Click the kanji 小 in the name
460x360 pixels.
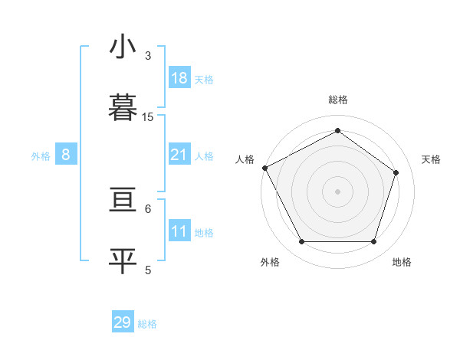(x=123, y=48)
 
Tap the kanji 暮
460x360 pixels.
(x=123, y=107)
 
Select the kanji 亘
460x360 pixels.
(x=123, y=201)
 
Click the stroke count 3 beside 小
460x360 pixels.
(x=147, y=56)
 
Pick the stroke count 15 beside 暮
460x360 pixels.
(x=148, y=117)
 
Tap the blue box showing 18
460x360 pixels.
(x=179, y=78)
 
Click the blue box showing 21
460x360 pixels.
(x=179, y=155)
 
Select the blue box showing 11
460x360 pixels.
(x=179, y=231)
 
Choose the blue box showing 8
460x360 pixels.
(x=66, y=155)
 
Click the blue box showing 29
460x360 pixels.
(x=123, y=322)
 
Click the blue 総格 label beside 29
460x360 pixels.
(x=147, y=324)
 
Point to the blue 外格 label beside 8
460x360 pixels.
(x=41, y=156)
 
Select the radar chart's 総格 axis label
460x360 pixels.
(x=338, y=100)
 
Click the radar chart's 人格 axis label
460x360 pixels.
(x=245, y=159)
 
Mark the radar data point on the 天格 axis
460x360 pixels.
(x=396, y=172)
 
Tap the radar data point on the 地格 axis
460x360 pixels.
(x=373, y=242)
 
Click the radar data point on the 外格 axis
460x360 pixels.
(x=301, y=242)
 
